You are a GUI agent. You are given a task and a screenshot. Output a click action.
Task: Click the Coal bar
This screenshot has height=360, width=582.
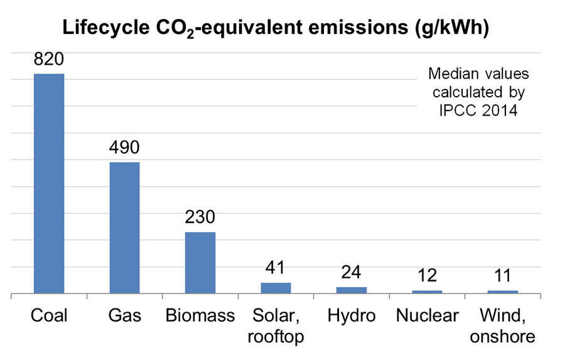click(49, 183)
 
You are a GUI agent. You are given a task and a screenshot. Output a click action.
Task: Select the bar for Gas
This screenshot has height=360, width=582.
click(124, 227)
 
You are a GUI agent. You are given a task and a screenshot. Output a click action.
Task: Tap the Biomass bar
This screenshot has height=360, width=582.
click(200, 263)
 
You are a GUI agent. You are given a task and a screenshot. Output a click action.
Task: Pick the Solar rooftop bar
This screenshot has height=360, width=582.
click(276, 288)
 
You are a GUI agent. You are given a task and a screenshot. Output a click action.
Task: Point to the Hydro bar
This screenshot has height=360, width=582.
click(352, 290)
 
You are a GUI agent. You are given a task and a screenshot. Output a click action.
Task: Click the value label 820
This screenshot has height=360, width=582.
click(49, 60)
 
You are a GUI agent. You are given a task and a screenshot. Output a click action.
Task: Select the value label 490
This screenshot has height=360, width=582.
click(124, 148)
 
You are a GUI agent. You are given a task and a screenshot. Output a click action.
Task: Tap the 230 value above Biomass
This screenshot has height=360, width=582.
click(200, 217)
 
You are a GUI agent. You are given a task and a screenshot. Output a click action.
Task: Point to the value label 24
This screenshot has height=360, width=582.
click(352, 273)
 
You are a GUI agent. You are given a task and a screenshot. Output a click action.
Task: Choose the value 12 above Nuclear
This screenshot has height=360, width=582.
click(427, 276)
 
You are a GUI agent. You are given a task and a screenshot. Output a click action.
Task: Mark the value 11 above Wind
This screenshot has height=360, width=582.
click(502, 276)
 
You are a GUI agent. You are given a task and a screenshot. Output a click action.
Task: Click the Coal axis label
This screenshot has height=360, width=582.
click(49, 315)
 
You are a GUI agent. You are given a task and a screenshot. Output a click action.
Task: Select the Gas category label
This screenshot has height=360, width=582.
click(124, 315)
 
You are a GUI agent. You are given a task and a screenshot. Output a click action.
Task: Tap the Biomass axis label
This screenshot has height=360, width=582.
click(200, 315)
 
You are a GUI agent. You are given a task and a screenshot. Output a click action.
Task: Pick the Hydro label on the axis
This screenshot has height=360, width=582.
click(352, 315)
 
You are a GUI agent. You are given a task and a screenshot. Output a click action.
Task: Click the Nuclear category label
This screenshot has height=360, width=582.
click(427, 315)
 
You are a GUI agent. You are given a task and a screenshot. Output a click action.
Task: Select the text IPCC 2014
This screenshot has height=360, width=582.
click(478, 111)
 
